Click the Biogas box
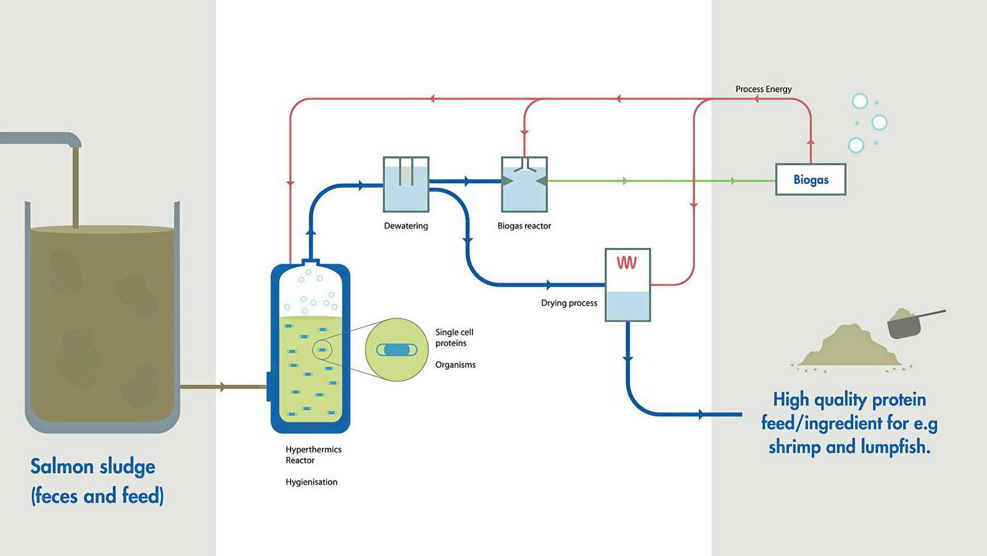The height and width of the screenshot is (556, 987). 810,180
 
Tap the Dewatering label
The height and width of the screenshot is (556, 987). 405,226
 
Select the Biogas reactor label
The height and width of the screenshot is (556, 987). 524,226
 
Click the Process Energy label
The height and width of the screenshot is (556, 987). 763,89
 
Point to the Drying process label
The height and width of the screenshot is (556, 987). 569,303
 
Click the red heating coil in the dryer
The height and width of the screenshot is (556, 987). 627,263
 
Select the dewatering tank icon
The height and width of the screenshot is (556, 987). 406,184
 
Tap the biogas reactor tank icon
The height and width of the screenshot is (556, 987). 524,184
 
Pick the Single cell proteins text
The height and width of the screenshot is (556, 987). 454,338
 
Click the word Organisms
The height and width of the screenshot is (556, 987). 455,365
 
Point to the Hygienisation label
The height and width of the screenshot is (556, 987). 311,482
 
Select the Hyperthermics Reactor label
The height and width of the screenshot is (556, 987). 313,455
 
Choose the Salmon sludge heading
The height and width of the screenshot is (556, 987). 93,467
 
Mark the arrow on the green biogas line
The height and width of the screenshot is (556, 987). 626,181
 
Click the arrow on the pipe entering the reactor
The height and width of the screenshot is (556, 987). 223,387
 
